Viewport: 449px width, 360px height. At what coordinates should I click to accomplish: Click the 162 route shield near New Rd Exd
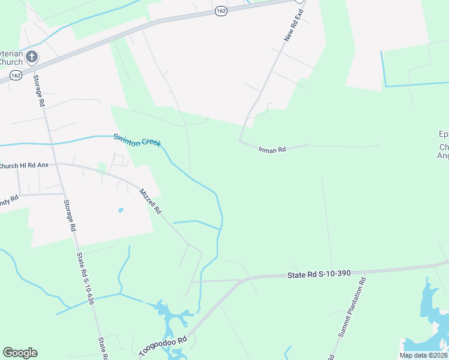pyautogui.click(x=221, y=12)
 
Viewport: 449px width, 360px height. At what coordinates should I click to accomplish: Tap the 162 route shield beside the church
pyautogui.click(x=16, y=75)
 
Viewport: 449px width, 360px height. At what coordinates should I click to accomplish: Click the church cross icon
pyautogui.click(x=32, y=57)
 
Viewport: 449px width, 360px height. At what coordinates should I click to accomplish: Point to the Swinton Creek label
pyautogui.click(x=137, y=140)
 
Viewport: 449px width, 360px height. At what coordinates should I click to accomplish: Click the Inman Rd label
pyautogui.click(x=272, y=149)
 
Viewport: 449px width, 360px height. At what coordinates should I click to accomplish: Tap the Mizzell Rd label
pyautogui.click(x=151, y=202)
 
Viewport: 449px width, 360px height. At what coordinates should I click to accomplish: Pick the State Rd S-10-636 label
pyautogui.click(x=85, y=279)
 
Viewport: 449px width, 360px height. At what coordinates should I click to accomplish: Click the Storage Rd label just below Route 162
pyautogui.click(x=39, y=90)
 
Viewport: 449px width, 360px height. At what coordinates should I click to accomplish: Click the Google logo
pyautogui.click(x=20, y=353)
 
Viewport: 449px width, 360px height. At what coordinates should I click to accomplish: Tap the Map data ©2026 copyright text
pyautogui.click(x=423, y=355)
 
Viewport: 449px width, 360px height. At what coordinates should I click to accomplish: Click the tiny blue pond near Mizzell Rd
pyautogui.click(x=121, y=210)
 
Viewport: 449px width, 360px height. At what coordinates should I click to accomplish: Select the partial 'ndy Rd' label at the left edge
pyautogui.click(x=9, y=198)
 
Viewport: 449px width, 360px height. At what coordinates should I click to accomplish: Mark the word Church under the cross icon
pyautogui.click(x=11, y=62)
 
